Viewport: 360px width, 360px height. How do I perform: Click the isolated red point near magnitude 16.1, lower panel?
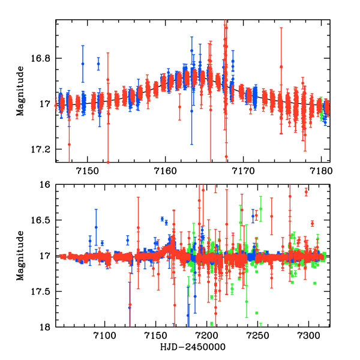[x=306, y=192]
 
